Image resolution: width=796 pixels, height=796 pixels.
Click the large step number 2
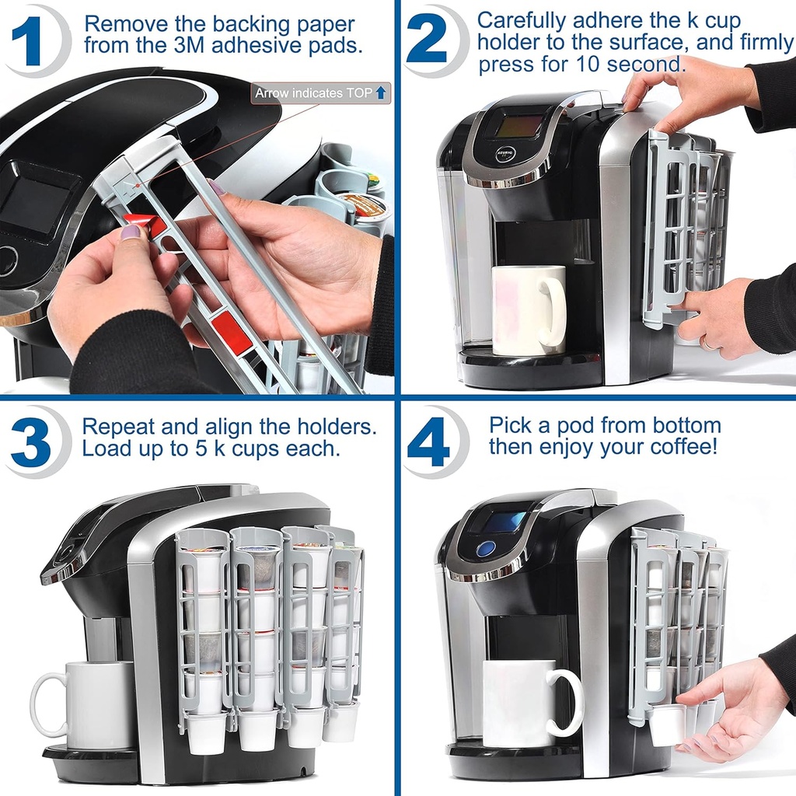[x=427, y=40]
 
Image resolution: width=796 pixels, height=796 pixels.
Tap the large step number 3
[x=31, y=442]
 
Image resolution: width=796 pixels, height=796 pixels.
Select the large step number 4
[x=429, y=442]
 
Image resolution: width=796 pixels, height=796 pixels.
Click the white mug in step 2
[x=528, y=310]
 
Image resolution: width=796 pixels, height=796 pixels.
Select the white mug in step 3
[x=86, y=704]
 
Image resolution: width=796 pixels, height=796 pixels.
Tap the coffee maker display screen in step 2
[x=518, y=126]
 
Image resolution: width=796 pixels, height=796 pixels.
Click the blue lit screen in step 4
[x=504, y=522]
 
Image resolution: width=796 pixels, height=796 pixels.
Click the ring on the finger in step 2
[x=708, y=343]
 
